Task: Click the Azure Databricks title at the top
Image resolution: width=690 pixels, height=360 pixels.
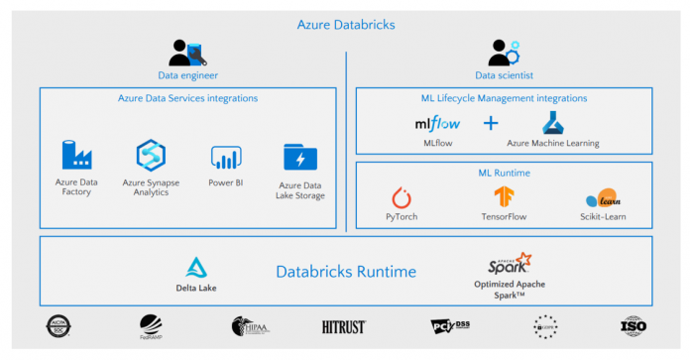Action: tap(345, 24)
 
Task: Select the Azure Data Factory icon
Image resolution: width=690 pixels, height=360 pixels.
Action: tap(75, 156)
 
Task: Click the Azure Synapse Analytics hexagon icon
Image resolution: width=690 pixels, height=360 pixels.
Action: tap(150, 156)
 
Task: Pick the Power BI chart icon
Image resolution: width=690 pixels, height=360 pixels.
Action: tap(226, 157)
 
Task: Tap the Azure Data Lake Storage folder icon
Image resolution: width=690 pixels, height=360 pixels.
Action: tap(300, 158)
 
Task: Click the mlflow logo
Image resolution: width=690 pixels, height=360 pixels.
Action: tap(435, 124)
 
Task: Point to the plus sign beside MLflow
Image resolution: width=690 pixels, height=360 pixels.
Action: tap(491, 124)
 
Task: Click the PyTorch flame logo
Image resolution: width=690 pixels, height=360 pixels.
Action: tap(402, 197)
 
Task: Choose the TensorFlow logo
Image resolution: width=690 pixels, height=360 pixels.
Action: tap(504, 196)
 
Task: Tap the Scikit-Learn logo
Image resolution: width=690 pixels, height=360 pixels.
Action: tap(603, 198)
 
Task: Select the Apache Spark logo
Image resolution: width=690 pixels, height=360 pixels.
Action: tap(510, 264)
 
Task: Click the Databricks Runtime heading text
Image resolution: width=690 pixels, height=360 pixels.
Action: tap(345, 272)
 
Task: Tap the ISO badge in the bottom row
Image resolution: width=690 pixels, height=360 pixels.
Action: tap(633, 325)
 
